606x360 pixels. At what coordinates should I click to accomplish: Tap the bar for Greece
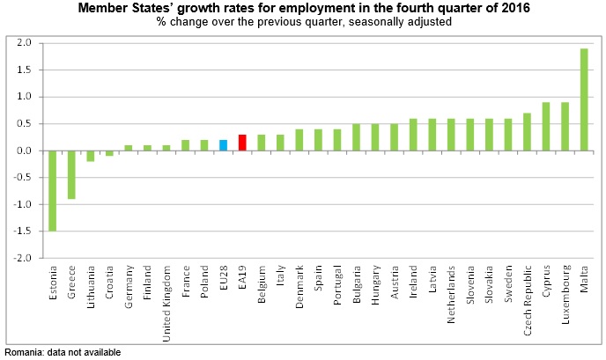[71, 175]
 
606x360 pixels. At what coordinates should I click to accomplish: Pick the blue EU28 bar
[224, 145]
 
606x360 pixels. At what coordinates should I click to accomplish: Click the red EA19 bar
[242, 143]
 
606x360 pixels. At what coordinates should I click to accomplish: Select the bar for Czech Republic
[527, 132]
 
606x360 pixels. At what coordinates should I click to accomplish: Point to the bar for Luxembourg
[565, 127]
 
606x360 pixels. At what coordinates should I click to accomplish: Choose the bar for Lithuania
[90, 156]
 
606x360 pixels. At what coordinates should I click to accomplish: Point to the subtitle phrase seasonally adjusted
[399, 22]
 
